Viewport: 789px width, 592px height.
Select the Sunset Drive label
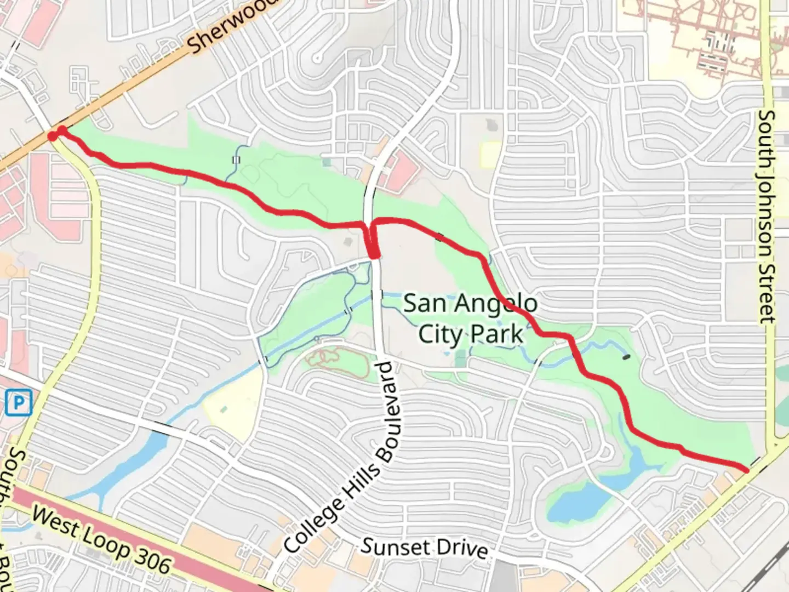click(425, 547)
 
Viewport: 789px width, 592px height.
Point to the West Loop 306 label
click(101, 540)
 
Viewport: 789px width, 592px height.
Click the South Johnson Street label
click(767, 217)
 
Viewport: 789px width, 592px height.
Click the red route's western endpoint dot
click(53, 135)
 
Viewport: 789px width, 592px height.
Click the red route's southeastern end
click(746, 469)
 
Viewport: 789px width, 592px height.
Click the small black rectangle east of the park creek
click(626, 357)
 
